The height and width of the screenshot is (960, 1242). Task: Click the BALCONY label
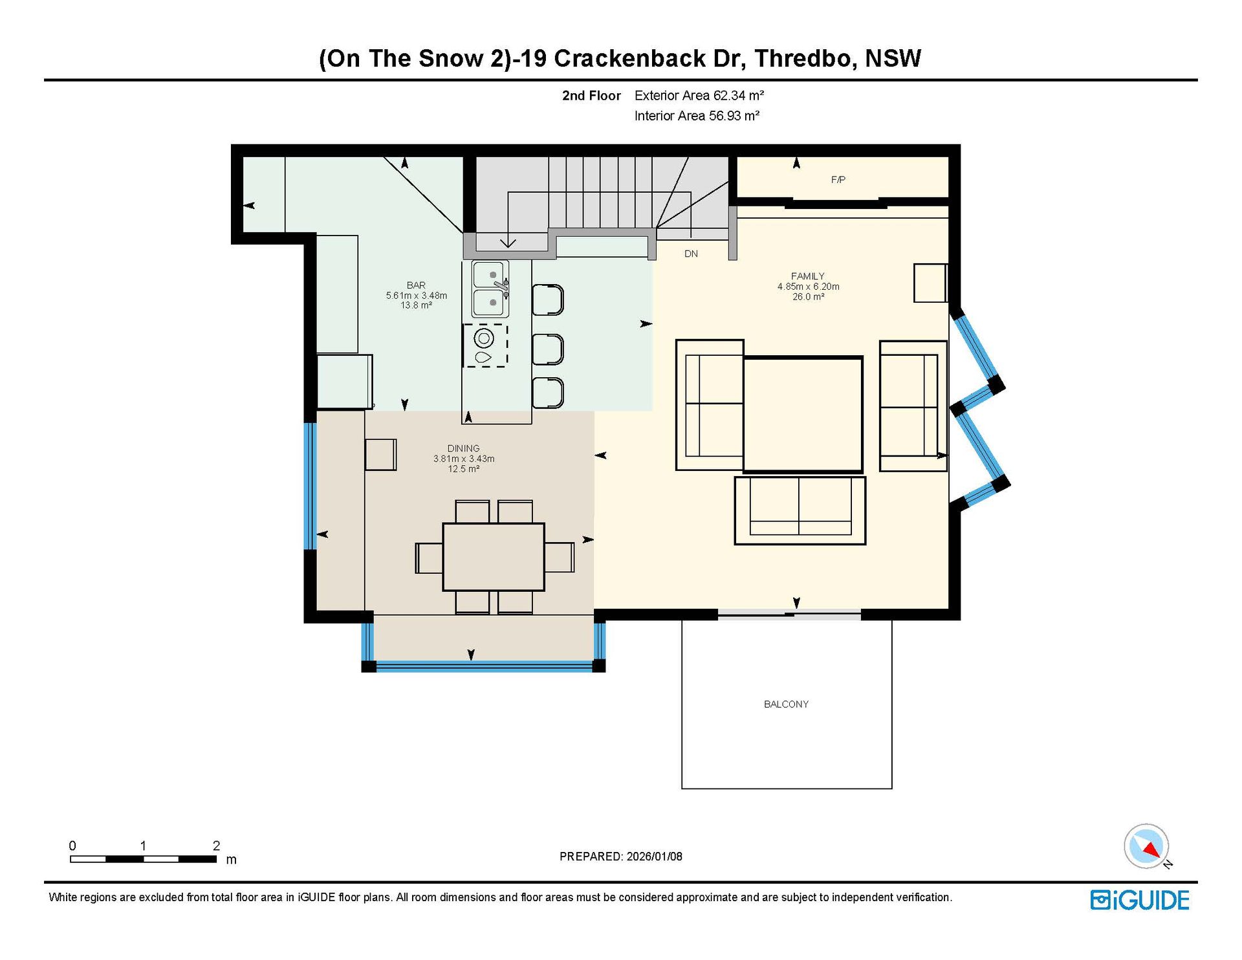click(x=786, y=704)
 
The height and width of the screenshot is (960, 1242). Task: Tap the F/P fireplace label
click(x=838, y=180)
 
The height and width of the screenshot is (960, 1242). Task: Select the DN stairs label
click(x=691, y=254)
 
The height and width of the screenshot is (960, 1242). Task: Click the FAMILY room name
click(x=808, y=276)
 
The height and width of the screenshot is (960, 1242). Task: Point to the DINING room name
click(x=463, y=448)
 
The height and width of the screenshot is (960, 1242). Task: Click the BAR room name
click(x=416, y=285)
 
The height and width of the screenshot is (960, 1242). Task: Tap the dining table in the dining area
click(x=494, y=557)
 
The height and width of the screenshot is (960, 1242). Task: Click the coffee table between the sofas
click(x=803, y=414)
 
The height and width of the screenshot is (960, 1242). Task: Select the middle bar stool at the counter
click(x=548, y=349)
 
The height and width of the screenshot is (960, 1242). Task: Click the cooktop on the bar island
click(x=485, y=346)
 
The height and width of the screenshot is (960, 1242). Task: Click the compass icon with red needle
click(x=1147, y=846)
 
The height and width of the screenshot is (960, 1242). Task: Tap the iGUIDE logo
click(x=1140, y=900)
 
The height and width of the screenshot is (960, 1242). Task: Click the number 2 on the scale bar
click(x=216, y=845)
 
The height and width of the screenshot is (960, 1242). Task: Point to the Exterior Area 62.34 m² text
click(x=699, y=96)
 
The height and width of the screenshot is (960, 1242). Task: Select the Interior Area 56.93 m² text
click(x=697, y=116)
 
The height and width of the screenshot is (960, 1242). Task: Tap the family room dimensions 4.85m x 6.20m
click(x=808, y=287)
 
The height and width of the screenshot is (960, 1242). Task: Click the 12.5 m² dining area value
click(x=463, y=469)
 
